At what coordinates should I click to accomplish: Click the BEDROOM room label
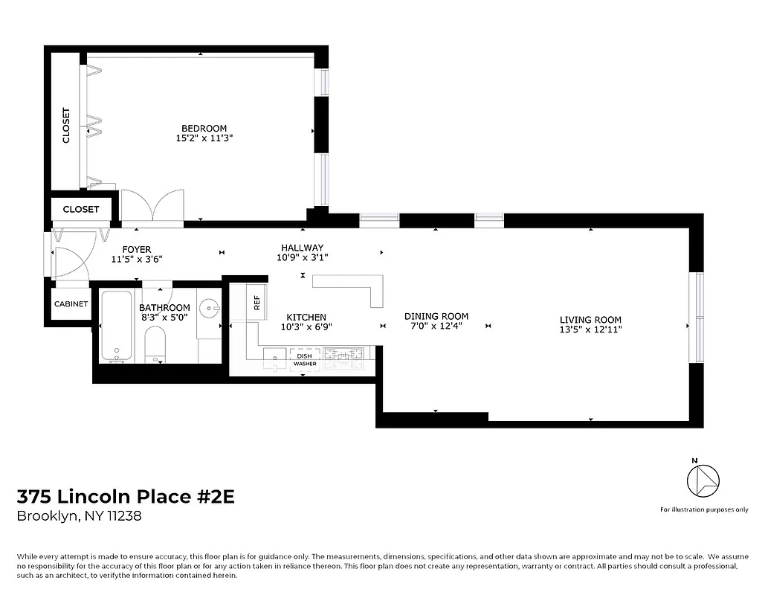click(x=204, y=128)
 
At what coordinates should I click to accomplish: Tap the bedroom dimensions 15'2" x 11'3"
click(x=204, y=138)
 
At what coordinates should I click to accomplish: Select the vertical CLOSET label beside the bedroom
click(x=66, y=126)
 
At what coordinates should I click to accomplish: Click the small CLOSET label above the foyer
click(x=81, y=209)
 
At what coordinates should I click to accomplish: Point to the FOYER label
click(x=136, y=249)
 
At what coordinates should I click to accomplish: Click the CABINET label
click(x=71, y=303)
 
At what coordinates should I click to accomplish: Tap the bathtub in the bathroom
click(x=116, y=326)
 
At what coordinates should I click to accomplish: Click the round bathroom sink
click(x=210, y=308)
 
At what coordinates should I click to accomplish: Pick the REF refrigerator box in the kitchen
click(x=256, y=303)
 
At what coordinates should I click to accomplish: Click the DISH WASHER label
click(x=304, y=360)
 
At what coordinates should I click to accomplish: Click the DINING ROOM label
click(x=436, y=316)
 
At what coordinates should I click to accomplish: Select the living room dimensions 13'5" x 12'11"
click(x=590, y=329)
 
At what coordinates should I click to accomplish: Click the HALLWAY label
click(x=302, y=248)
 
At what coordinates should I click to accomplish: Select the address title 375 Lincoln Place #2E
click(x=126, y=497)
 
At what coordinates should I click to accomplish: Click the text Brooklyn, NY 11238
click(x=79, y=516)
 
